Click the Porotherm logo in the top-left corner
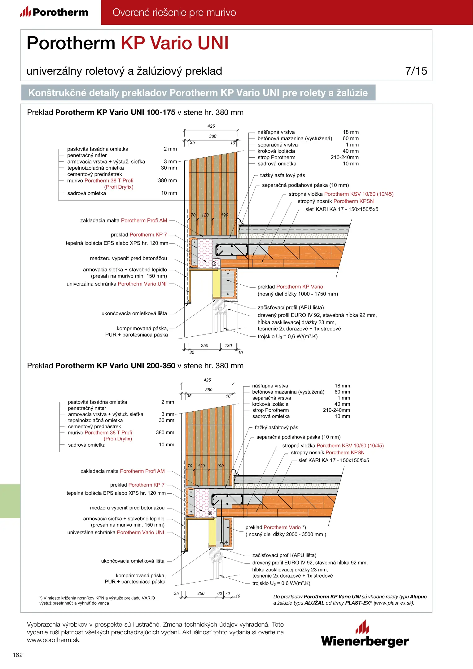[54, 12]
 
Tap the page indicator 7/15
[416, 71]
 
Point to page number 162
[18, 655]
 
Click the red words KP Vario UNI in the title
[174, 43]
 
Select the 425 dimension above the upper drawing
[211, 126]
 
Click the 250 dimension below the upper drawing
[204, 346]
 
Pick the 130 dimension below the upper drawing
[228, 346]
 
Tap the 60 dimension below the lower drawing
[220, 593]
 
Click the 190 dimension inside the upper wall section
[225, 215]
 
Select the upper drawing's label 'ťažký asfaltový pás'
[282, 176]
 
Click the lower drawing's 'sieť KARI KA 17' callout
[334, 460]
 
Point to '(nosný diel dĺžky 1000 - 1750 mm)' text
[298, 294]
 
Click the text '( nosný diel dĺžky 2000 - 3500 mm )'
[286, 534]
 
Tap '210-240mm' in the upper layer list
[344, 157]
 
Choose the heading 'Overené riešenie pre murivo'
[174, 12]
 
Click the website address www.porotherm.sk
[54, 640]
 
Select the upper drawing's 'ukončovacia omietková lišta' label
[134, 313]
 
